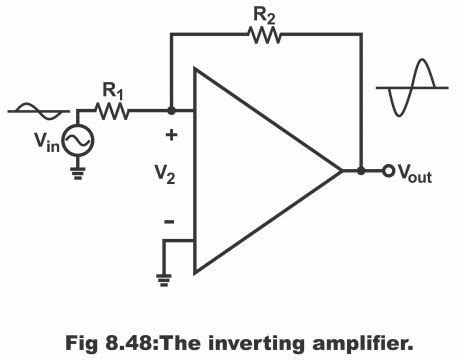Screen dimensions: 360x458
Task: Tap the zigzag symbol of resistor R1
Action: [112, 111]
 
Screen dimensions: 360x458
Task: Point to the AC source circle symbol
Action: [78, 143]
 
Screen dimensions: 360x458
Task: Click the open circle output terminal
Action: [383, 171]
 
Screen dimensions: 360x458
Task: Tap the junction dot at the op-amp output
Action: [360, 171]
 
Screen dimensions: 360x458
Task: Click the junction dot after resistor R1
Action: [171, 111]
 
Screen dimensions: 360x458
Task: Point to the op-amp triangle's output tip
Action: [343, 171]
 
